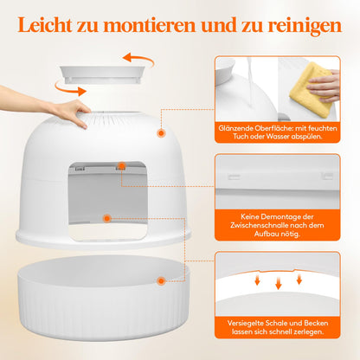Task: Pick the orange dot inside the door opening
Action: [106, 220]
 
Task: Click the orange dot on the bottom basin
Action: [161, 280]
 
